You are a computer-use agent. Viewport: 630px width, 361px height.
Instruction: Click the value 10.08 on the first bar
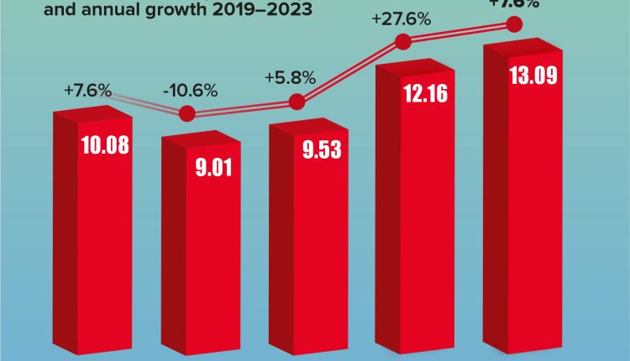click(x=106, y=144)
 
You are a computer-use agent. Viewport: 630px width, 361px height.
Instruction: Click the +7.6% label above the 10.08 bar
click(x=87, y=90)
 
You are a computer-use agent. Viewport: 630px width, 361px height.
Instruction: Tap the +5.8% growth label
click(x=290, y=78)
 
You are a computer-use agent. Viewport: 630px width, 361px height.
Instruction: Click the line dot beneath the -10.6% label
click(x=187, y=113)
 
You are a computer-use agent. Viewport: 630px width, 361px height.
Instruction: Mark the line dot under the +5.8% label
click(x=296, y=102)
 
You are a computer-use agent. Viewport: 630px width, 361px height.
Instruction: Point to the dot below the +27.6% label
click(x=402, y=42)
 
